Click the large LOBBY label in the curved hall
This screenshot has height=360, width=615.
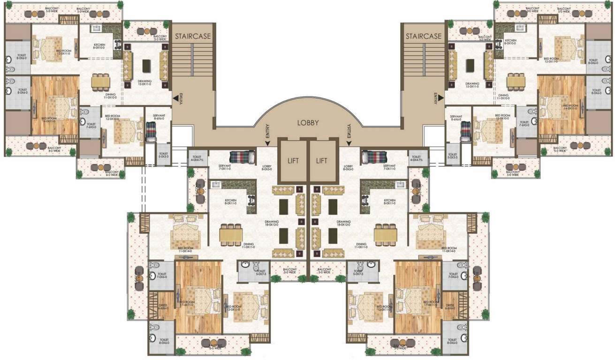coord(308,123)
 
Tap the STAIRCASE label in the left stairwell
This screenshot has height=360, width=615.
coord(193,36)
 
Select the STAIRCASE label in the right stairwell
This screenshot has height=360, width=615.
coord(424,36)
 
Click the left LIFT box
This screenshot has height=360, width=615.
coord(293,160)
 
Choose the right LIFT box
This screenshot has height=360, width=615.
coord(322,160)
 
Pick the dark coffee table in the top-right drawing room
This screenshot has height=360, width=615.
coord(470,66)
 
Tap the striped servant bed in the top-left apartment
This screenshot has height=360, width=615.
coord(151,132)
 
